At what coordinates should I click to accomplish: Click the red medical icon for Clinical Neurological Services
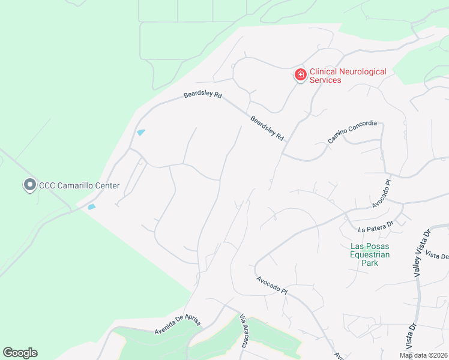point(300,75)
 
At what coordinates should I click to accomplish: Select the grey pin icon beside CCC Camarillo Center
point(29,185)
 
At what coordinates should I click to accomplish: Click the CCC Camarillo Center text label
point(79,185)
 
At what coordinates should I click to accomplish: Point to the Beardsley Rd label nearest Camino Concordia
point(267,128)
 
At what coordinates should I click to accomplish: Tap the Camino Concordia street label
point(352,132)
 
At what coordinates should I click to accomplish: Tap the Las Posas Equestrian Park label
point(370,254)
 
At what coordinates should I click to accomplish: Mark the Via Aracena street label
point(244,331)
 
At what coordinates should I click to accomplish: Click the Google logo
point(20,353)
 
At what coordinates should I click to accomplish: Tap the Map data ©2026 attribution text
point(423,355)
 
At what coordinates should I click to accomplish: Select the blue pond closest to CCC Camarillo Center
point(91,207)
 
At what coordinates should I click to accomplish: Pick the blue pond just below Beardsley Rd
point(140,133)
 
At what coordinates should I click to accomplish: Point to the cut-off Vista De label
point(436,256)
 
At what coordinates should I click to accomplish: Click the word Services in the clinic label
point(325,80)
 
